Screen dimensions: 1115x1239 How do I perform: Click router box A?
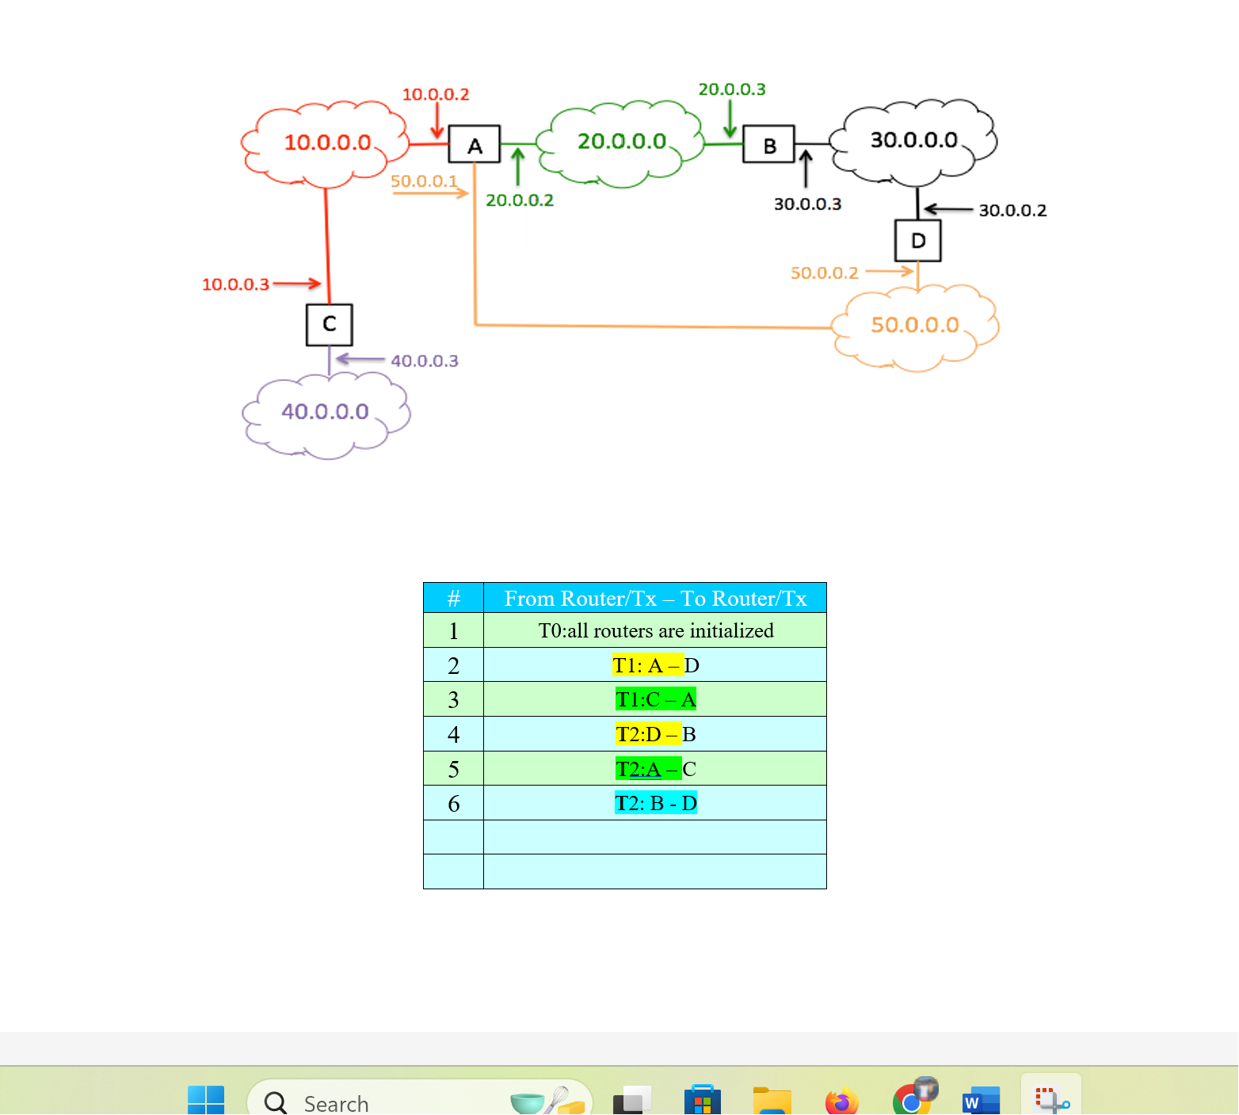475,144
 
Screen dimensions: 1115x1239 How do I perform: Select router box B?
768,144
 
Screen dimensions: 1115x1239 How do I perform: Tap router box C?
330,325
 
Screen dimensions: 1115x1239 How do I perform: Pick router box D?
917,241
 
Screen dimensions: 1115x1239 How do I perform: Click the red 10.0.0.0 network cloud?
326,143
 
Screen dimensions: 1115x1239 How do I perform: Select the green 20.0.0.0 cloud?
621,143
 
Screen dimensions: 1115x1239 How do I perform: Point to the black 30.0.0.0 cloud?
913,141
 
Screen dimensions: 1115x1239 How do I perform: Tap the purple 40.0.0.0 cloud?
325,412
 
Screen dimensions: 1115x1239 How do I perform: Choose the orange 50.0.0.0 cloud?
915,325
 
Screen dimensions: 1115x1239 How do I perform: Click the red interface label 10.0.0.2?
436,94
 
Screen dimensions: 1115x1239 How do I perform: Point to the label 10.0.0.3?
235,284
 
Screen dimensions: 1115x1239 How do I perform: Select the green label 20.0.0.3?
732,89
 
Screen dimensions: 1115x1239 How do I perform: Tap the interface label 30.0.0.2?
1012,211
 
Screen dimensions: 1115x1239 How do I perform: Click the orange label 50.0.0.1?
424,181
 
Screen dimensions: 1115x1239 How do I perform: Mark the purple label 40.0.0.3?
425,361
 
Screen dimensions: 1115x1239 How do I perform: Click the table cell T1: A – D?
655,665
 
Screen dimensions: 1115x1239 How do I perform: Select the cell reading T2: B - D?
655,803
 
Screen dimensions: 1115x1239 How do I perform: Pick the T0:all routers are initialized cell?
655,631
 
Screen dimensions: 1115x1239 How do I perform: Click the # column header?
453,599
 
